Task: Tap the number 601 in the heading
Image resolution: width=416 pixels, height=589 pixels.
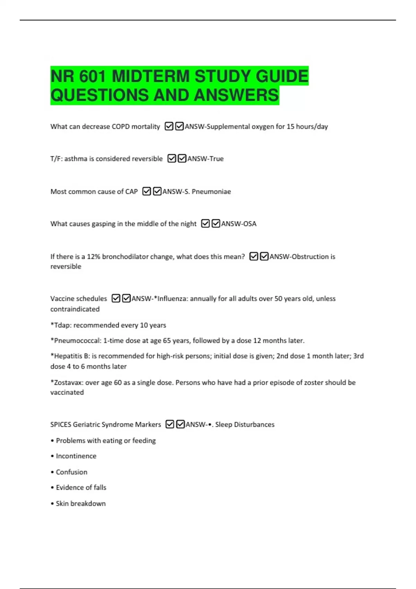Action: (92, 77)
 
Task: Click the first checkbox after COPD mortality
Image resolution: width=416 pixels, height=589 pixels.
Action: (169, 126)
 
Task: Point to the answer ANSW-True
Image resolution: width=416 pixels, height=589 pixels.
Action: (205, 159)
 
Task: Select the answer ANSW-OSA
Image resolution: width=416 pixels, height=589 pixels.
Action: (239, 224)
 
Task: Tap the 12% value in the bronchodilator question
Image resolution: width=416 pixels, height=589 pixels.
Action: (93, 257)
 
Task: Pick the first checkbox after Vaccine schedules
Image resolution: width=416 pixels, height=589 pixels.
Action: (116, 298)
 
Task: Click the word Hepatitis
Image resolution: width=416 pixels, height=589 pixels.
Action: (69, 356)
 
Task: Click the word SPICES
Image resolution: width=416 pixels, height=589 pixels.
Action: (61, 424)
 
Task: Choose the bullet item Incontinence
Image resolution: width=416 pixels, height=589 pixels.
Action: (76, 456)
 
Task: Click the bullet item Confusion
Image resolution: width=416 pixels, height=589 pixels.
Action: (71, 472)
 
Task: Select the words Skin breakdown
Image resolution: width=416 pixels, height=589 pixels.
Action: (80, 503)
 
